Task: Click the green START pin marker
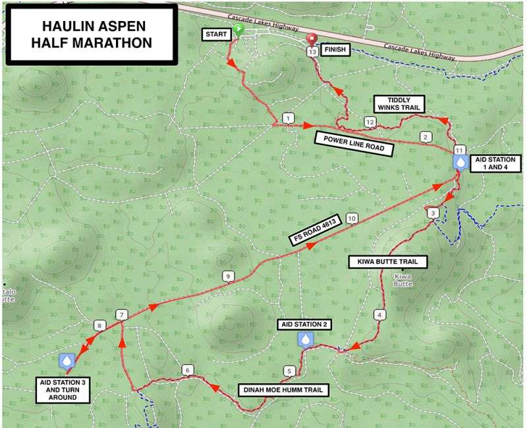tap(238, 30)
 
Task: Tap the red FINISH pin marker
tap(312, 40)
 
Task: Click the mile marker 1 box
tap(287, 118)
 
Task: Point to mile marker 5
tap(289, 371)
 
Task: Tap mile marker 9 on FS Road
tap(229, 277)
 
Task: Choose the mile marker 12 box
tap(370, 122)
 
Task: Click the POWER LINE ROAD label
tap(354, 144)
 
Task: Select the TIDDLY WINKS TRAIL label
tap(399, 104)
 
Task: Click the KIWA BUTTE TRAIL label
tap(387, 262)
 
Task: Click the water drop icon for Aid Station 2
tap(306, 339)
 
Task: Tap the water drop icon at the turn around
tap(67, 360)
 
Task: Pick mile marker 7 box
tap(121, 315)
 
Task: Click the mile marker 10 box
tap(352, 218)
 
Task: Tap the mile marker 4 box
tap(379, 315)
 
